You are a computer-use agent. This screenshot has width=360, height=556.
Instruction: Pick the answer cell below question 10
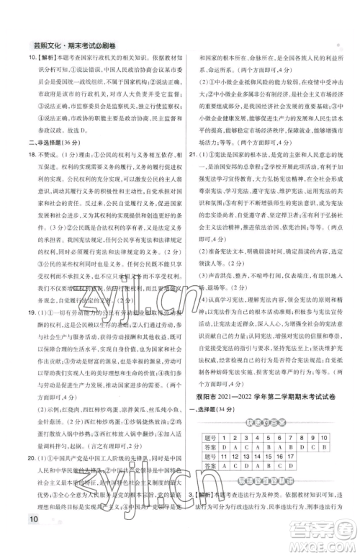click(x=324, y=447)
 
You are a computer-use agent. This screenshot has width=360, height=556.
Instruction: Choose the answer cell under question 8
click(x=302, y=447)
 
